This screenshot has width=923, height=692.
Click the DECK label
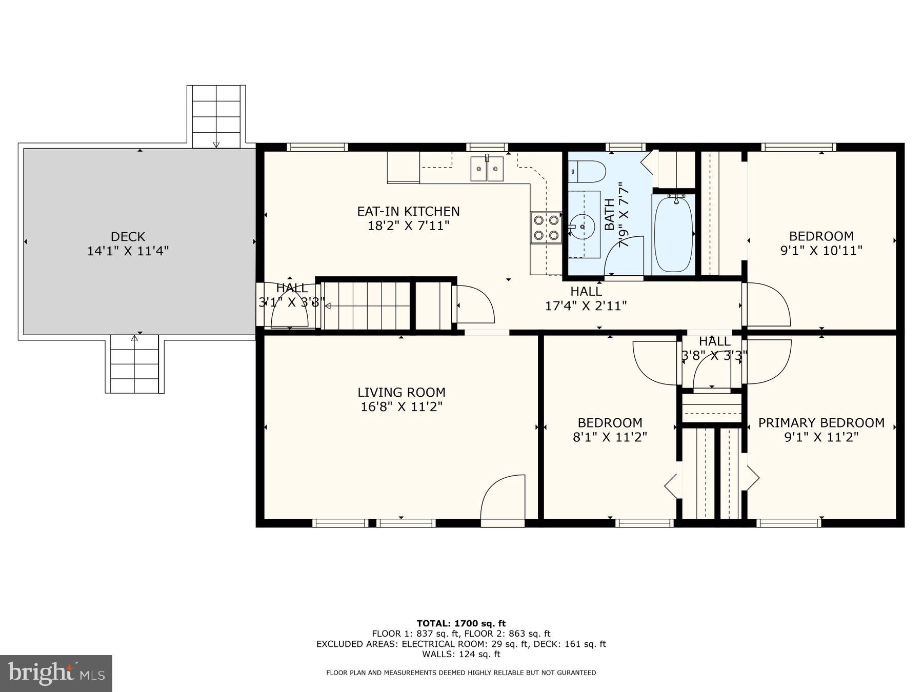click(x=128, y=237)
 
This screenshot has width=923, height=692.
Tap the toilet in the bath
click(x=588, y=171)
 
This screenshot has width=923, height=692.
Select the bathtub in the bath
click(x=674, y=234)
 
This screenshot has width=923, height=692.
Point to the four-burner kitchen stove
click(x=546, y=227)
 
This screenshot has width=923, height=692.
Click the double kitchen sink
click(x=487, y=169)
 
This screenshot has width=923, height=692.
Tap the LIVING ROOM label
click(x=401, y=393)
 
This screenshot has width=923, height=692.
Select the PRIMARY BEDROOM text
click(x=821, y=423)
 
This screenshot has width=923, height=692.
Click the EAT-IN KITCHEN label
click(x=408, y=211)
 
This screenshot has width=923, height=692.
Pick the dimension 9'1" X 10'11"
click(x=821, y=251)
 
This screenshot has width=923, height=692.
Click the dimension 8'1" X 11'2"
click(x=610, y=437)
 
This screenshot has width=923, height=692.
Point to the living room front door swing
click(x=503, y=497)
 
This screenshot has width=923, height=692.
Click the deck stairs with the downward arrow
click(x=216, y=117)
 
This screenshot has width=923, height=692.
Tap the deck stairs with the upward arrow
click(x=134, y=364)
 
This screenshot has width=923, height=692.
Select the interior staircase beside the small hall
click(x=367, y=306)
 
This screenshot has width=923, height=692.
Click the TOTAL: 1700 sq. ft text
click(x=461, y=623)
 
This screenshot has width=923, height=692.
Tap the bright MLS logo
click(x=56, y=673)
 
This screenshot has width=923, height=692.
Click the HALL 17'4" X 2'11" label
click(x=586, y=298)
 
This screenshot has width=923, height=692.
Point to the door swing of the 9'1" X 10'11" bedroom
click(x=767, y=305)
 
